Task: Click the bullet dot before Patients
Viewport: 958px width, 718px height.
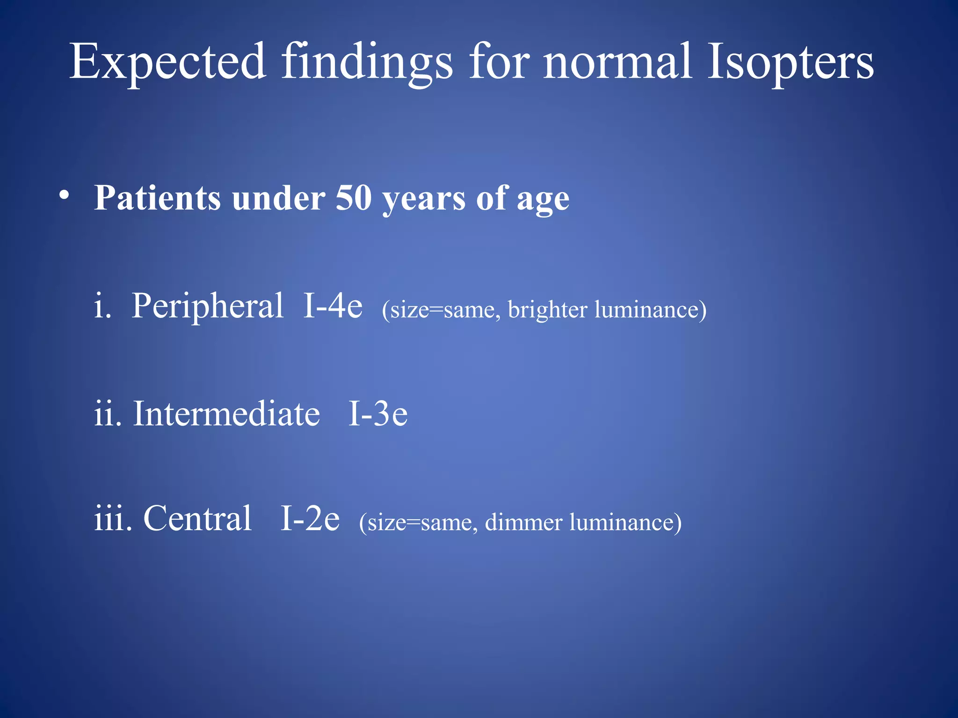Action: [65, 195]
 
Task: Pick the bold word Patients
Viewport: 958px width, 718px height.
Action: [157, 198]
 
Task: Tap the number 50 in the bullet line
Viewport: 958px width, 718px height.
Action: [353, 198]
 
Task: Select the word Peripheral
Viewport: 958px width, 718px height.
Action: [208, 307]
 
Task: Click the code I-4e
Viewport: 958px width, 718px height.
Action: [333, 306]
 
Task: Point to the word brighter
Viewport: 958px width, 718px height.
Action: [547, 309]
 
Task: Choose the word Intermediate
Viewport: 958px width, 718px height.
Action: [226, 414]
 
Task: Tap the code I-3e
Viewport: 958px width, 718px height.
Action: [378, 414]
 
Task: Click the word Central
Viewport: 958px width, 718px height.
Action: [197, 518]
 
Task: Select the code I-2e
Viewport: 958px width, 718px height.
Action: [310, 518]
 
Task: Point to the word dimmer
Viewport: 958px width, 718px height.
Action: [523, 522]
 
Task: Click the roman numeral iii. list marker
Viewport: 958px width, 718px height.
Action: [113, 518]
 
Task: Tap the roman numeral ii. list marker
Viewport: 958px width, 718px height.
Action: [108, 414]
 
